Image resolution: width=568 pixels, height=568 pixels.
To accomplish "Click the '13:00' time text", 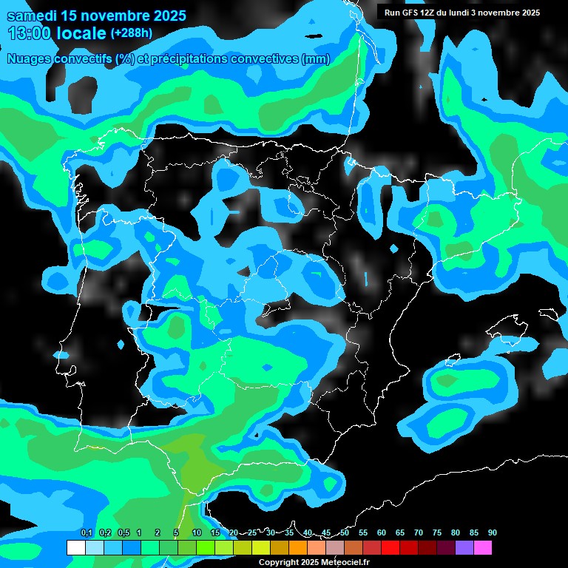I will pos(29,33).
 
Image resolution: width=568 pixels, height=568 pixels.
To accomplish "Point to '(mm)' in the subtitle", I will pos(316,59).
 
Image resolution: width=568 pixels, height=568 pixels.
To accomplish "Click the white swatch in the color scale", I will pos(75,548).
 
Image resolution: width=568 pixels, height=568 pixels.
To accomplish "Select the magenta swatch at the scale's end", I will pos(482,548).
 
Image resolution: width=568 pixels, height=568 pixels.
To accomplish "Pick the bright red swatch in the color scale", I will pos(390,548).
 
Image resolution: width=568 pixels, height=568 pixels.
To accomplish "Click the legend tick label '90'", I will pos(492,532).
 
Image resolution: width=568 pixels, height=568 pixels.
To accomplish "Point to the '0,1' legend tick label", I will pos(86,532).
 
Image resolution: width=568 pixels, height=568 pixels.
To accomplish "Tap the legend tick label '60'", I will pos(381,532).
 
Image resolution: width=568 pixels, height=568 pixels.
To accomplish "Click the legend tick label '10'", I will pos(196,532).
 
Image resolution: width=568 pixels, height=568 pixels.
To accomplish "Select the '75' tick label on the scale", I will pos(436,532).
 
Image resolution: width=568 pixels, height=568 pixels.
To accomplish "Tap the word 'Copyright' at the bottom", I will pos(278,562).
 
